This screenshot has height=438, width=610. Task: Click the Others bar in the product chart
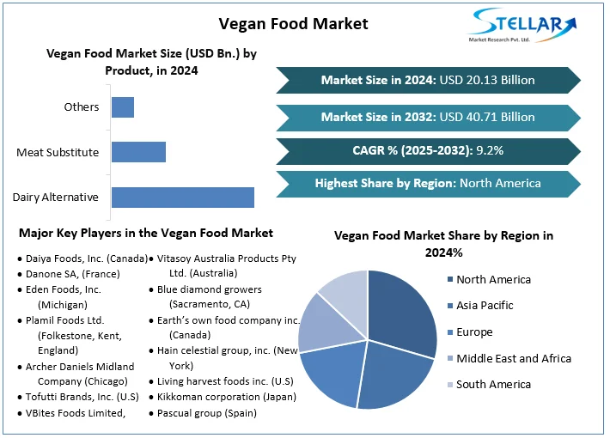(x=123, y=107)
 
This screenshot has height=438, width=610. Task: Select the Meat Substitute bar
(x=138, y=152)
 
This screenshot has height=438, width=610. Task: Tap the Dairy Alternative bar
(x=183, y=197)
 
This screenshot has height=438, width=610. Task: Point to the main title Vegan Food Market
(x=293, y=23)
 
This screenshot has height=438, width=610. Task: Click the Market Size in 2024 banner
(x=428, y=80)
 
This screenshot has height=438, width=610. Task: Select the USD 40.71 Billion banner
(x=428, y=116)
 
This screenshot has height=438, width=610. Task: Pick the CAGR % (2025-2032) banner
(x=428, y=150)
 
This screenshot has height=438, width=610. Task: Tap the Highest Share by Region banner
(x=428, y=183)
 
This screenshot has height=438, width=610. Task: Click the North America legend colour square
(x=449, y=279)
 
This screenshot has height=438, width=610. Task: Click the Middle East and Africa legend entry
(x=513, y=358)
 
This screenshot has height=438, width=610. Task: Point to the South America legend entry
(x=493, y=384)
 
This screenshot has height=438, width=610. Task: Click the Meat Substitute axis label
(x=58, y=153)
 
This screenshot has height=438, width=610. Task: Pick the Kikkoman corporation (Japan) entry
(x=226, y=397)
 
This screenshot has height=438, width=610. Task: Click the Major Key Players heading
(x=145, y=233)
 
